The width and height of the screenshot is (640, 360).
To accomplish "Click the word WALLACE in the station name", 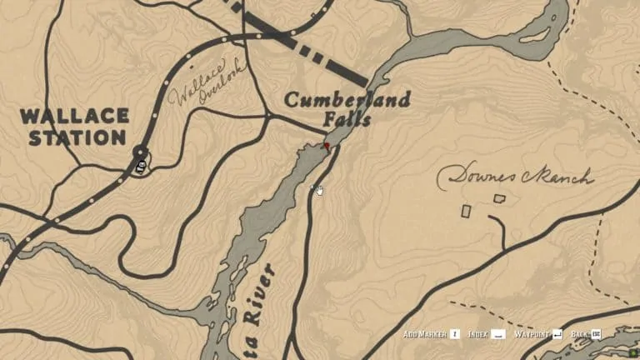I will point(75,116).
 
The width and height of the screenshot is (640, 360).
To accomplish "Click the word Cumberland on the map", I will point(347,101).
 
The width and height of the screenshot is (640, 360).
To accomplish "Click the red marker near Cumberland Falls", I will point(326,146).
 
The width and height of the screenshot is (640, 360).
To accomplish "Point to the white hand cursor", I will point(318,190).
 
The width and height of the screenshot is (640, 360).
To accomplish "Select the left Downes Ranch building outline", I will point(467,211).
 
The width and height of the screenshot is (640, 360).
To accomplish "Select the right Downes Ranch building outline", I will point(499,198).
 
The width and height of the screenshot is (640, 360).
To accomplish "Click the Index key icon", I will point(497,334).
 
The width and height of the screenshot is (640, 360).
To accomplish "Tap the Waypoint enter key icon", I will point(557,334).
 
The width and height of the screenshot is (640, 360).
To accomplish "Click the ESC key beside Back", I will point(597,334).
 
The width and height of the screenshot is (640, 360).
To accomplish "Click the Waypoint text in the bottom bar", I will point(531,334).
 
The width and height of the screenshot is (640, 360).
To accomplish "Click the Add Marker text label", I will point(424,334).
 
